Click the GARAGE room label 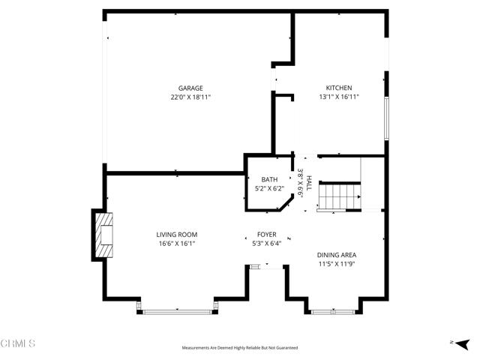pyautogui.click(x=190, y=88)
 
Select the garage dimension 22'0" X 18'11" pyautogui.click(x=190, y=97)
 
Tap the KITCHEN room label pyautogui.click(x=338, y=88)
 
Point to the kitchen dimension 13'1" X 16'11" pyautogui.click(x=338, y=97)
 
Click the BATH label pyautogui.click(x=269, y=179)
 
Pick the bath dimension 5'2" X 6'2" pyautogui.click(x=269, y=188)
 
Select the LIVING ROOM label pyautogui.click(x=177, y=235)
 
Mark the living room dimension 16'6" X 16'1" pyautogui.click(x=177, y=244)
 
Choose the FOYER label pyautogui.click(x=266, y=235)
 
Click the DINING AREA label pyautogui.click(x=337, y=255)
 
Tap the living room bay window pyautogui.click(x=178, y=310)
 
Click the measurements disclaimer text pyautogui.click(x=240, y=348)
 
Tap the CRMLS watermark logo pyautogui.click(x=19, y=344)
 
